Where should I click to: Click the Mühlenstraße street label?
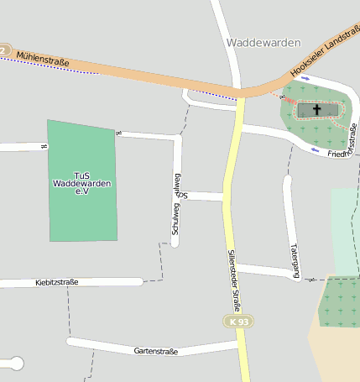pyautogui.click(x=42, y=60)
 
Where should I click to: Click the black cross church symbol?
pyautogui.click(x=317, y=109)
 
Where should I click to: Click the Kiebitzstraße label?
pyautogui.click(x=57, y=282)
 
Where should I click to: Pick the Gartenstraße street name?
pyautogui.click(x=155, y=351)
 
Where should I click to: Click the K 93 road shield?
pyautogui.click(x=239, y=322)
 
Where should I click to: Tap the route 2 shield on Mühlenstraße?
pyautogui.click(x=3, y=50)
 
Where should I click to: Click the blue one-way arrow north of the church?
pyautogui.click(x=305, y=78)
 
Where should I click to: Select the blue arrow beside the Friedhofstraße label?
pyautogui.click(x=315, y=150)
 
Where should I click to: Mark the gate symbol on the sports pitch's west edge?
pyautogui.click(x=44, y=146)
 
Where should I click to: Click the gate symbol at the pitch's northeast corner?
pyautogui.click(x=117, y=133)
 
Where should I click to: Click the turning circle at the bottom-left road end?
pyautogui.click(x=13, y=364)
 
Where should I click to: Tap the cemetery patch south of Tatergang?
pyautogui.click(x=340, y=301)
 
